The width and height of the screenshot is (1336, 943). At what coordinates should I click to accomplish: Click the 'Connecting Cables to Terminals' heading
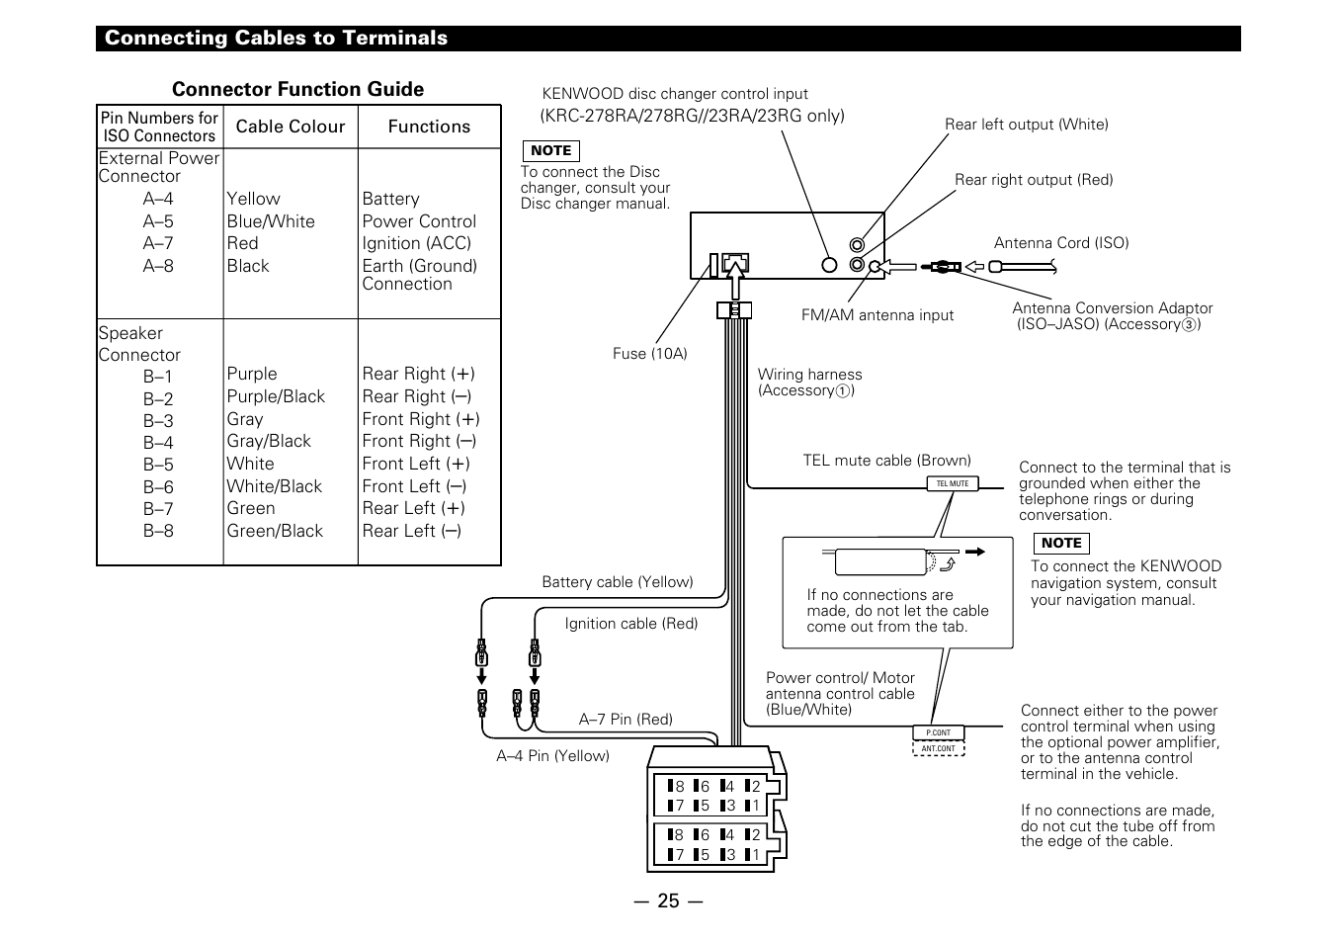[276, 39]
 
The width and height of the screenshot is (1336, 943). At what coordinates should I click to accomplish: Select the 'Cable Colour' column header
[291, 127]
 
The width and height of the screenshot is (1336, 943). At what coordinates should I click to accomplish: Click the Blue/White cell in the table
[271, 221]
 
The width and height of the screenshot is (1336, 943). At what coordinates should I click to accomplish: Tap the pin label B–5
[158, 465]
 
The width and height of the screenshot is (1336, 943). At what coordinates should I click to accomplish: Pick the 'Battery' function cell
[390, 199]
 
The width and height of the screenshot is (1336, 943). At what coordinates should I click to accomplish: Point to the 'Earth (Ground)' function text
[419, 266]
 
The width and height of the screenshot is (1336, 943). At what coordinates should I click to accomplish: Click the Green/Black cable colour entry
[275, 531]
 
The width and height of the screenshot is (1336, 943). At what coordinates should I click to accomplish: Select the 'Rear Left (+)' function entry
[413, 508]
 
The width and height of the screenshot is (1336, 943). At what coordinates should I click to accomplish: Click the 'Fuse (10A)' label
[649, 354]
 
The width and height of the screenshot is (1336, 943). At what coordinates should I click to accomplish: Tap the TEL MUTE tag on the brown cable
[953, 483]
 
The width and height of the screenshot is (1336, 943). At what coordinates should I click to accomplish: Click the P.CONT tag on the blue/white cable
[938, 733]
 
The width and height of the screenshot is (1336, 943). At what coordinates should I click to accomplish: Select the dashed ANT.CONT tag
[938, 748]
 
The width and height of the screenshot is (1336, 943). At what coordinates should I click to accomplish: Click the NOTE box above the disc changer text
[550, 150]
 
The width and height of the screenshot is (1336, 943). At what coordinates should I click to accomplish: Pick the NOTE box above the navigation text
[1060, 543]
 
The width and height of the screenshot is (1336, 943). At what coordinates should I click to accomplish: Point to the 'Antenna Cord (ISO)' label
[1060, 243]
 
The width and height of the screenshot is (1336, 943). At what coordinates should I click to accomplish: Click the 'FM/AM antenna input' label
[877, 315]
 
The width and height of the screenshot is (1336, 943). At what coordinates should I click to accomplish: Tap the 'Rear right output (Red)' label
[1033, 180]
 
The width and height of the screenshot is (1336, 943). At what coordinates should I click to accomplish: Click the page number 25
[668, 900]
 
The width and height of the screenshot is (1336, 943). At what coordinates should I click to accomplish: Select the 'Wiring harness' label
[809, 375]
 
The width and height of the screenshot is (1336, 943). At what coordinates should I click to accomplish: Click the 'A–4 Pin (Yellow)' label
[552, 756]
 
